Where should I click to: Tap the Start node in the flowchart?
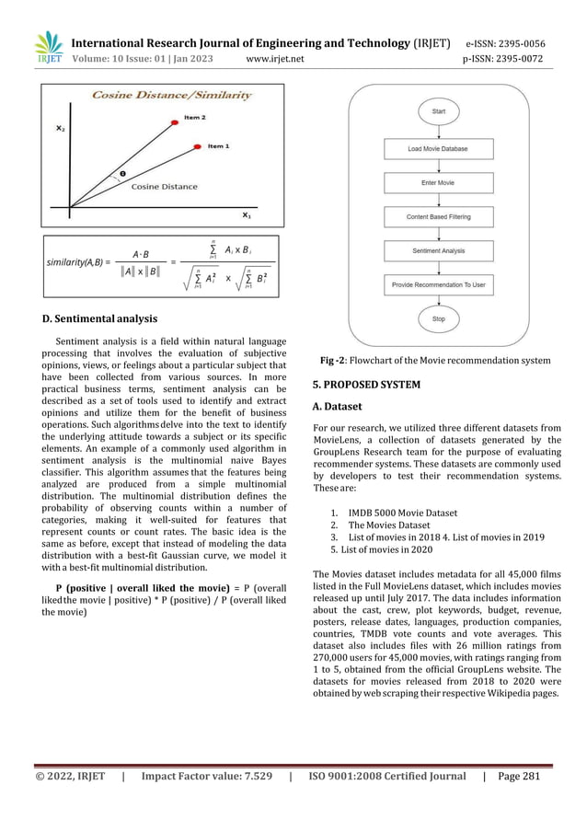click(x=439, y=111)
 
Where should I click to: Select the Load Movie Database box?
click(x=438, y=148)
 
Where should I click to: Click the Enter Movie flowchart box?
click(x=438, y=182)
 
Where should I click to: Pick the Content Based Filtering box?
click(x=438, y=216)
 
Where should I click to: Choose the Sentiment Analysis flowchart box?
click(x=438, y=250)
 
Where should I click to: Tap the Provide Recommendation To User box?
click(x=438, y=284)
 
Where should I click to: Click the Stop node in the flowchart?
click(x=439, y=319)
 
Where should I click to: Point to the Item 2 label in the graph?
click(x=194, y=117)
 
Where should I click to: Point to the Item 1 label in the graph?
click(x=218, y=145)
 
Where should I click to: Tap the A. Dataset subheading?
click(x=338, y=406)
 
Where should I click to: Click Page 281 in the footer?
click(x=520, y=802)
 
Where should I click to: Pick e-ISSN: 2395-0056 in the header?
click(x=504, y=43)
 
